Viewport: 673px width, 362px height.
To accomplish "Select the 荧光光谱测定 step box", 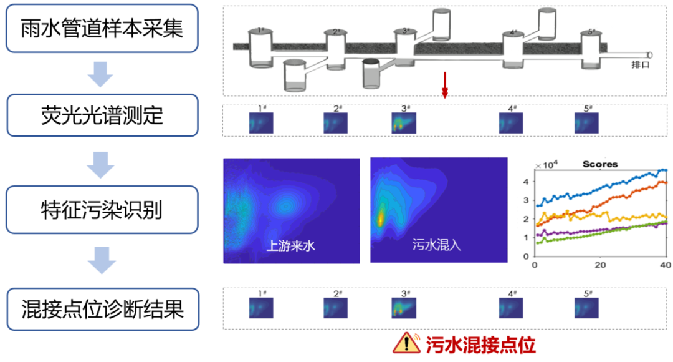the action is click(102, 115).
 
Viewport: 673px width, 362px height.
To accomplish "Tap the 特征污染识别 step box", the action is click(102, 210).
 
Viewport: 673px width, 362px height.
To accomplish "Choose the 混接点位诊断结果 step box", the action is click(102, 308).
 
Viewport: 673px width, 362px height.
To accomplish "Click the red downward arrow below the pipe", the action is click(445, 85).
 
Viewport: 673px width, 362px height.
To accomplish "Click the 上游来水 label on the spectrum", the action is click(291, 245).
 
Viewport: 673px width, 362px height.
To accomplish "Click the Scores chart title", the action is click(599, 164).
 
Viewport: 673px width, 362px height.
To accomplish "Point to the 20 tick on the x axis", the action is click(601, 265).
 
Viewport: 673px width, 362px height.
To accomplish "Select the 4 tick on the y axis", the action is click(526, 182).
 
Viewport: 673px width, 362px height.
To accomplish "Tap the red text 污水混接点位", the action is click(480, 343).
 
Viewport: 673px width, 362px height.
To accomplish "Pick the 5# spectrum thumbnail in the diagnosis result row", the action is click(586, 308).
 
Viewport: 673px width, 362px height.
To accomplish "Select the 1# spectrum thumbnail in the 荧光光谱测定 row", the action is click(262, 123).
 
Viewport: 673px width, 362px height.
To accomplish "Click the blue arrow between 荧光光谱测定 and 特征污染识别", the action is click(101, 165).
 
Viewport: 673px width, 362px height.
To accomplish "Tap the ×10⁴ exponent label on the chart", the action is click(547, 165).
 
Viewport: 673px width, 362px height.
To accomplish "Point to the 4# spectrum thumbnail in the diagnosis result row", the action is click(512, 308).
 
